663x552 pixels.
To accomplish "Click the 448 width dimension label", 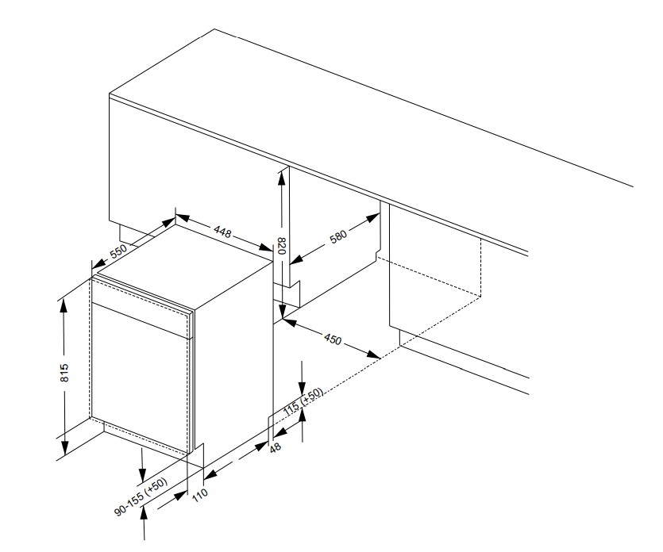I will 222,232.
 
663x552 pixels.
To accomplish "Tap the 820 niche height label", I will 280,248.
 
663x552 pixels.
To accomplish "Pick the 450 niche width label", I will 333,339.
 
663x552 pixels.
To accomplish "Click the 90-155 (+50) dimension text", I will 140,498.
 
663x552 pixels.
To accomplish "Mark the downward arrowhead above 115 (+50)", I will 302,380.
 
